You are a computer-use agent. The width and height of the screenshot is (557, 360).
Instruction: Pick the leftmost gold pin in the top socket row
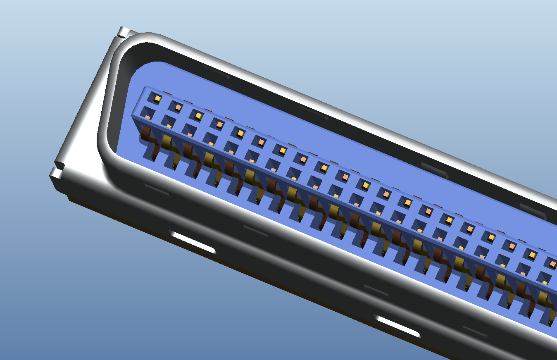157,98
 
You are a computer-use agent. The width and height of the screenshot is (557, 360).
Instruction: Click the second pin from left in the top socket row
178,107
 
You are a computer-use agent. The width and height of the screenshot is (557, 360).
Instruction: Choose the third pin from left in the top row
199,116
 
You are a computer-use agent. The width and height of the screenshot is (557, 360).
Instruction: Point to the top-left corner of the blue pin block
145,87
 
